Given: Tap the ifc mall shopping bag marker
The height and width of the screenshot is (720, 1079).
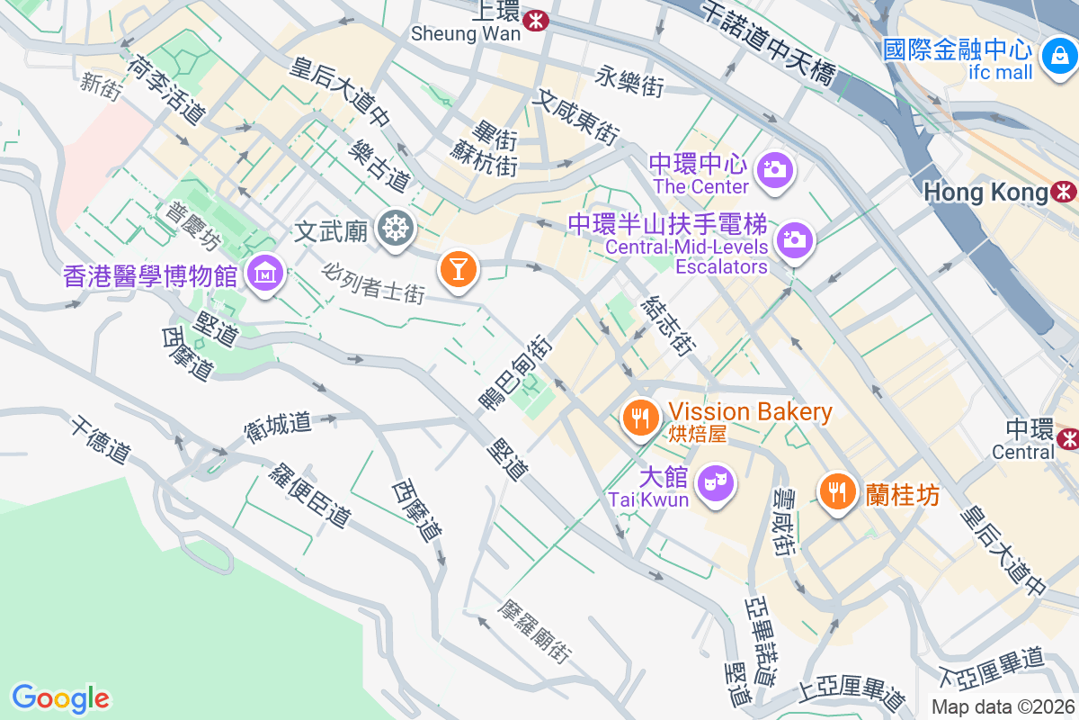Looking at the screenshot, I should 1059,55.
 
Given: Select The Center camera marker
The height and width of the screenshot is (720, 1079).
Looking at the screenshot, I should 773,168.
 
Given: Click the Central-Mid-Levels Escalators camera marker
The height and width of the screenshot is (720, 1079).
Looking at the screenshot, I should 794,239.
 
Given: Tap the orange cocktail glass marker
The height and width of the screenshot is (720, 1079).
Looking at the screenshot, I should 458,268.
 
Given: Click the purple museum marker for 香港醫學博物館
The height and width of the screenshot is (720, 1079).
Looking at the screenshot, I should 266,272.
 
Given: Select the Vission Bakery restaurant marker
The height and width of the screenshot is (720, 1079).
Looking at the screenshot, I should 640,417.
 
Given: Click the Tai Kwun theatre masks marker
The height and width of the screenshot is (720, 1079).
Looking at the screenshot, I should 717,482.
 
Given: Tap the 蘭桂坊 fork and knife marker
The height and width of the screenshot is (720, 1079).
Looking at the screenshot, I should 837,490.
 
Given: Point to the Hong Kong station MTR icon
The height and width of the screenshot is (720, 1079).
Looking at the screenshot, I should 1066,192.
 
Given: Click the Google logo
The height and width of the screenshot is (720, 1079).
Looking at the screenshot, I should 61,698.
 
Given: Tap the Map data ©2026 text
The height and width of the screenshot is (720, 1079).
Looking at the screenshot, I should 1003,706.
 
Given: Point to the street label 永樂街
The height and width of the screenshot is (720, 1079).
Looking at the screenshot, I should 629,83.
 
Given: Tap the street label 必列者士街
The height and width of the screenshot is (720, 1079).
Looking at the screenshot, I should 373,282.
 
